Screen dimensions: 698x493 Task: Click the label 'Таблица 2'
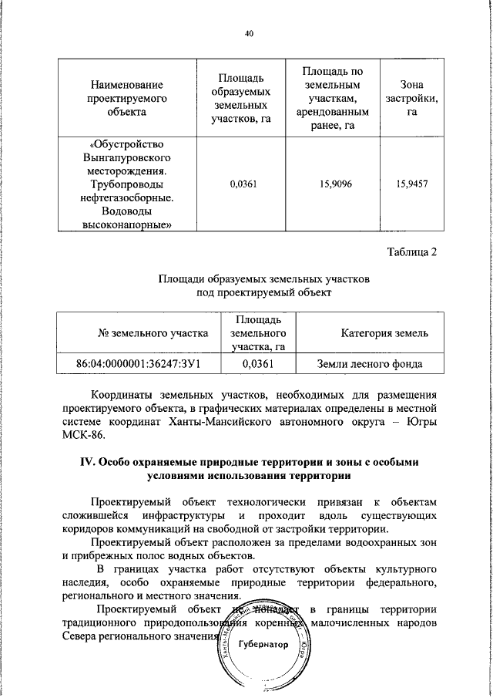[x=411, y=254]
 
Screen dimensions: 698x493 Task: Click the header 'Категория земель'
[x=369, y=333]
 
